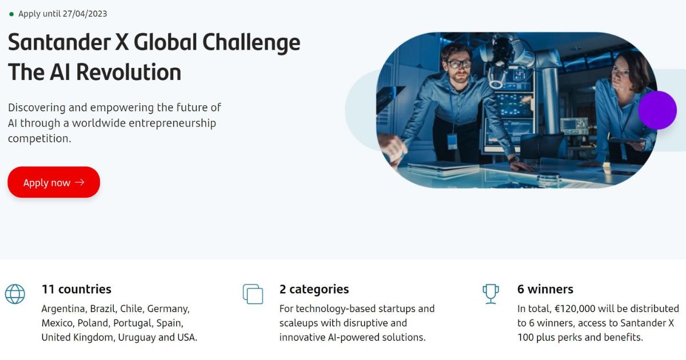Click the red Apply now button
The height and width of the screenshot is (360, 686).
(x=54, y=182)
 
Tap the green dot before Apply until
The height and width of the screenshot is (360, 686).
(x=11, y=14)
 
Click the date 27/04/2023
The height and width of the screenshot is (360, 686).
(x=85, y=14)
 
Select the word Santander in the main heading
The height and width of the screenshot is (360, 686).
(x=59, y=42)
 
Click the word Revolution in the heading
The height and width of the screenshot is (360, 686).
(x=129, y=72)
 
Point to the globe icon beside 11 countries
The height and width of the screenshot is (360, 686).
(x=15, y=294)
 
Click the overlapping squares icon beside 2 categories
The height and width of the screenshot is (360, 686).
(x=253, y=294)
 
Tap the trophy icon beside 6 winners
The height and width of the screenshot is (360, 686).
(x=490, y=294)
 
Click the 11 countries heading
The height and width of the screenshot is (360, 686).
(x=77, y=289)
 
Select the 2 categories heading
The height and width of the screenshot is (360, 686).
(x=314, y=290)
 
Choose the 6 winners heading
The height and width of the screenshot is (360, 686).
(x=545, y=289)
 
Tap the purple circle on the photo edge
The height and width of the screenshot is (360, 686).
(x=657, y=110)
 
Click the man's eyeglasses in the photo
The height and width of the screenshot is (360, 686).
(x=458, y=64)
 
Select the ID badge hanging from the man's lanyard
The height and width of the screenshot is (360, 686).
(x=452, y=142)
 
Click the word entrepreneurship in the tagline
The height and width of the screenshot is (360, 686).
(x=173, y=123)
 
